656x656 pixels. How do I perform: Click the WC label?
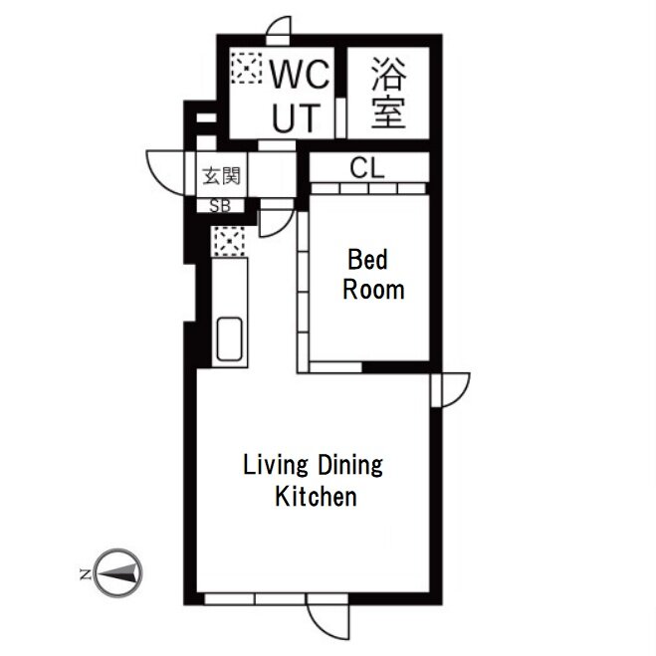(x=300, y=75)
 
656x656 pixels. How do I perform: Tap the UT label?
(x=297, y=117)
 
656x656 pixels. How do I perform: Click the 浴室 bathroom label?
(x=389, y=93)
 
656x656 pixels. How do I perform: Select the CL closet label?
(x=367, y=168)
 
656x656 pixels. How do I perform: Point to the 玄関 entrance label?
(x=222, y=176)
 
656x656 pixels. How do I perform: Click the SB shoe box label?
(x=220, y=206)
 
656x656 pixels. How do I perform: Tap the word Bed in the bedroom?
(x=367, y=260)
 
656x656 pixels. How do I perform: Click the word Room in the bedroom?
(x=373, y=290)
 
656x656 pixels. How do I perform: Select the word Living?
(x=276, y=466)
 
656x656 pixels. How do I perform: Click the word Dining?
(x=350, y=466)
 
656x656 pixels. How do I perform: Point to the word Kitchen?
(x=316, y=497)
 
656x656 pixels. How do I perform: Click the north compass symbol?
(x=118, y=572)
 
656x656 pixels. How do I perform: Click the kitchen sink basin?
(x=229, y=338)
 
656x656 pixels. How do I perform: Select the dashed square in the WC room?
(x=247, y=68)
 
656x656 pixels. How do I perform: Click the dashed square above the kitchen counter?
(x=228, y=242)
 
